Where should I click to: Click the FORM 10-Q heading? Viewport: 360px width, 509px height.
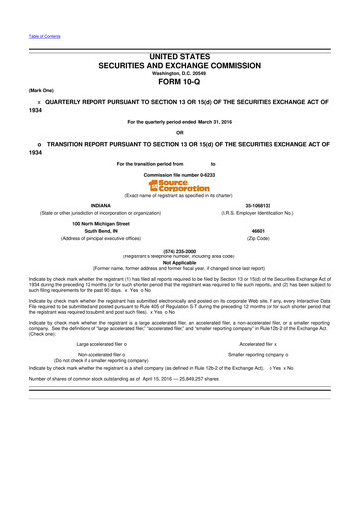(180, 83)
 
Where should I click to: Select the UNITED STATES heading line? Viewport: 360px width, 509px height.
(180, 60)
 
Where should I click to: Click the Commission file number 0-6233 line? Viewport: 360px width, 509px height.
(180, 173)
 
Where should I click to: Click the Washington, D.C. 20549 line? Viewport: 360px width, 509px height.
(180, 73)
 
